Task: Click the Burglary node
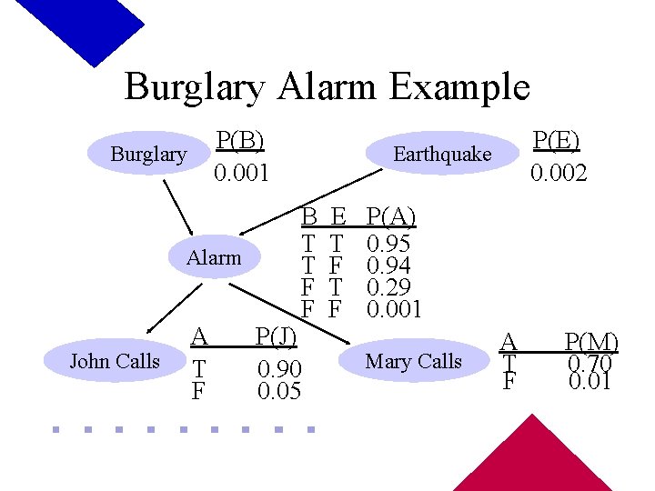pos(148,154)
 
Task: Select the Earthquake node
pos(441,155)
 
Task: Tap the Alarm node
pos(214,257)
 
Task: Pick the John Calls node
pos(115,361)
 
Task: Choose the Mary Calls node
pos(413,361)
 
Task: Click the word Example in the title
pos(458,87)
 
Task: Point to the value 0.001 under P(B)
pos(241,172)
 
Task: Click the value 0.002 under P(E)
pos(559,172)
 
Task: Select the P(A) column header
pos(389,216)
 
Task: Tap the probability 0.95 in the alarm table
pos(388,244)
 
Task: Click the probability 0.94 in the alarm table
pos(388,266)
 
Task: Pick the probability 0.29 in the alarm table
pos(388,287)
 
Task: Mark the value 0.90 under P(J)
pos(279,369)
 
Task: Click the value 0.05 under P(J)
pos(279,391)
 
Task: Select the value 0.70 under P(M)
pos(590,363)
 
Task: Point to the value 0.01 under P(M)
pos(590,381)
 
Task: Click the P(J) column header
pos(276,336)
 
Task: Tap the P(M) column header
pos(590,343)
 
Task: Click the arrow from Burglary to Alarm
pos(178,208)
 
